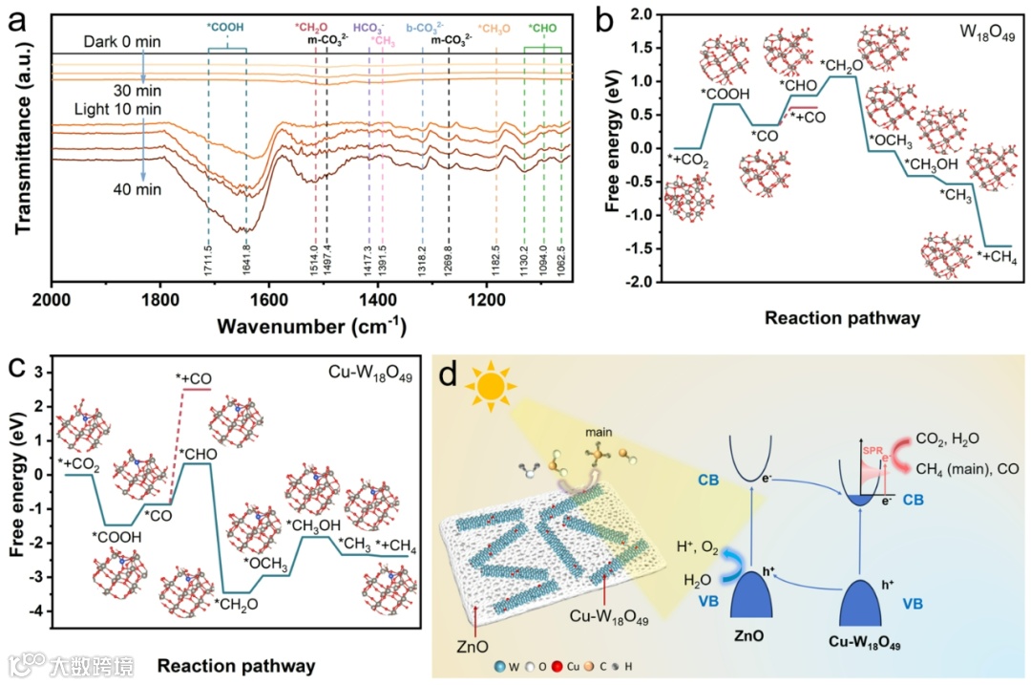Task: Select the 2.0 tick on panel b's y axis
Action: point(649,14)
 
